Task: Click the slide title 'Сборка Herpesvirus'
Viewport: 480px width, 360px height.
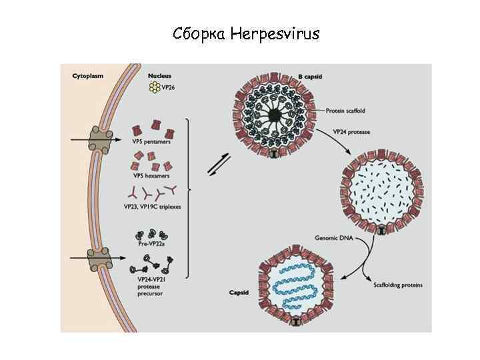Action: tap(246, 33)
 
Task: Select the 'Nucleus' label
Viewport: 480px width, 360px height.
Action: tap(159, 76)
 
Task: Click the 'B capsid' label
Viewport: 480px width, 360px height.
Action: tap(310, 77)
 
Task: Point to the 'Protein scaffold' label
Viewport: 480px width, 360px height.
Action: tap(345, 110)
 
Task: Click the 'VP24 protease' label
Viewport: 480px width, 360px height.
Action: tap(353, 132)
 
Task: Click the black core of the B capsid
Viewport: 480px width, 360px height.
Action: tap(274, 116)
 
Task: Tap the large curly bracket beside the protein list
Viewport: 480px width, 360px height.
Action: tap(189, 189)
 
